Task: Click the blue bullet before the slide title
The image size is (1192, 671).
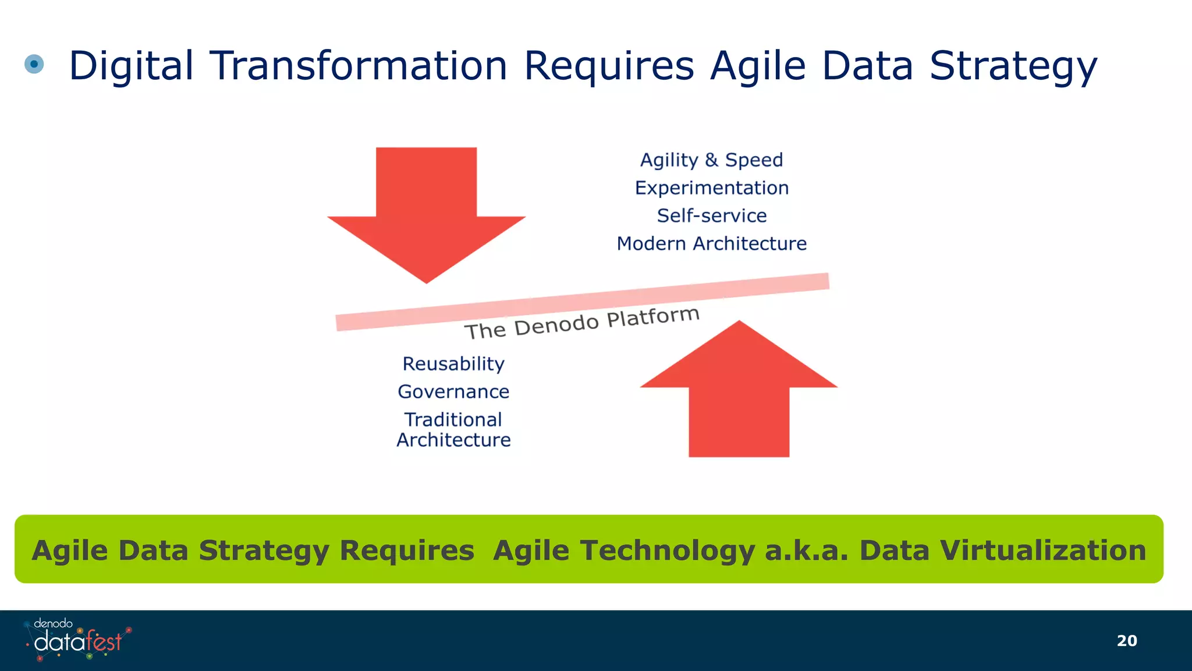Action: (x=34, y=64)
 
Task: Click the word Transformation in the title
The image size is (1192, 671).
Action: (x=358, y=65)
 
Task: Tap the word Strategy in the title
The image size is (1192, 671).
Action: (x=1013, y=66)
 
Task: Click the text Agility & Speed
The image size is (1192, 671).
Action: (x=711, y=160)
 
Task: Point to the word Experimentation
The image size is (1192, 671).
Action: (x=711, y=188)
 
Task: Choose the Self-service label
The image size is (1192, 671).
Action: (x=711, y=216)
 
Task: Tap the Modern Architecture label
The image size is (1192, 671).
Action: (x=711, y=243)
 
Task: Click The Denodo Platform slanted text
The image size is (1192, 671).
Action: (x=581, y=323)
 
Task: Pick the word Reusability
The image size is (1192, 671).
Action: (x=453, y=364)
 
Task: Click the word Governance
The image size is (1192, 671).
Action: (x=453, y=392)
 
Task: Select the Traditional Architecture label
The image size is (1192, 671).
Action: (x=453, y=430)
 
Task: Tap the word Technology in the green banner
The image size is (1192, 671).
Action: (x=623, y=550)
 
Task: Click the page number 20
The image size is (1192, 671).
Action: (x=1127, y=641)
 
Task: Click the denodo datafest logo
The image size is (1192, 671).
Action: (x=77, y=640)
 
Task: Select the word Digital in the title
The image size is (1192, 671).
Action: (x=131, y=65)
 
